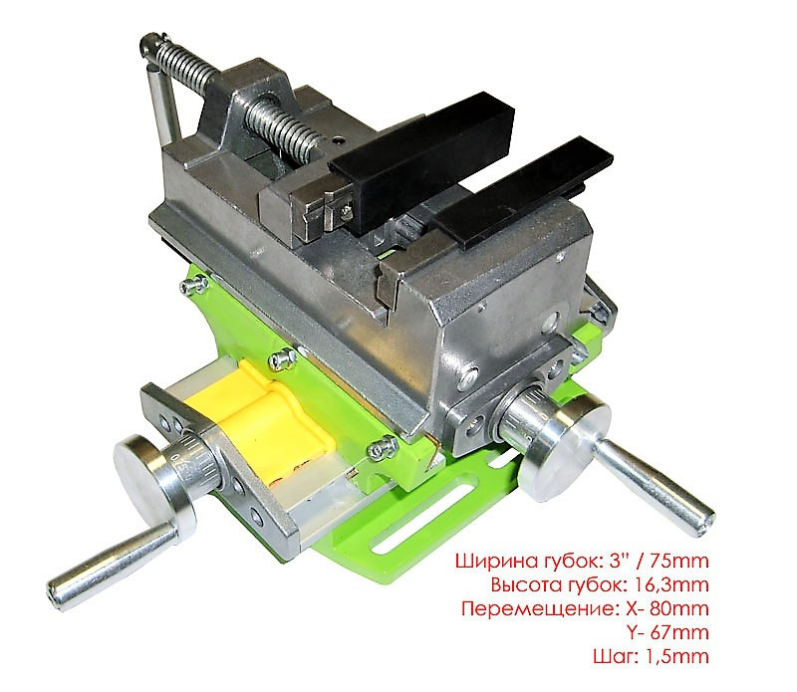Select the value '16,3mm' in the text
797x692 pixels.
pos(671,585)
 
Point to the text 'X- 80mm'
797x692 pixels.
pos(666,608)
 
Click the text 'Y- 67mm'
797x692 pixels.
pos(667,632)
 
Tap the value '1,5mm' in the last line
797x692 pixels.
pos(676,656)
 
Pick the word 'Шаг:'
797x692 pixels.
pos(615,656)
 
